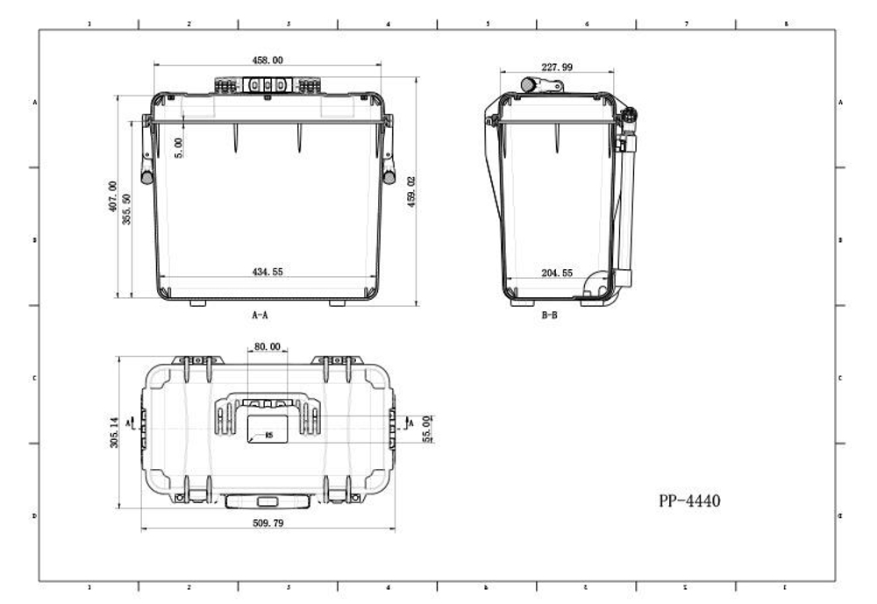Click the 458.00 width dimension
267,60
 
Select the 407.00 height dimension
112,196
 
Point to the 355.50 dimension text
126,210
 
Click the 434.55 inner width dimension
267,273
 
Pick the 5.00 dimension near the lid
179,146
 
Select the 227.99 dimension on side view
557,68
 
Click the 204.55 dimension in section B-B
557,274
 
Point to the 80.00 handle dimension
267,347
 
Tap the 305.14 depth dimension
114,431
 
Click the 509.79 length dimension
267,522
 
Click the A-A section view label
260,314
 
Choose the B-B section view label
550,314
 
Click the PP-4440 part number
689,501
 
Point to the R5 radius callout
268,435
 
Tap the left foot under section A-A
197,302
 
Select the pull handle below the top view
267,501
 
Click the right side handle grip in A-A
389,176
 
